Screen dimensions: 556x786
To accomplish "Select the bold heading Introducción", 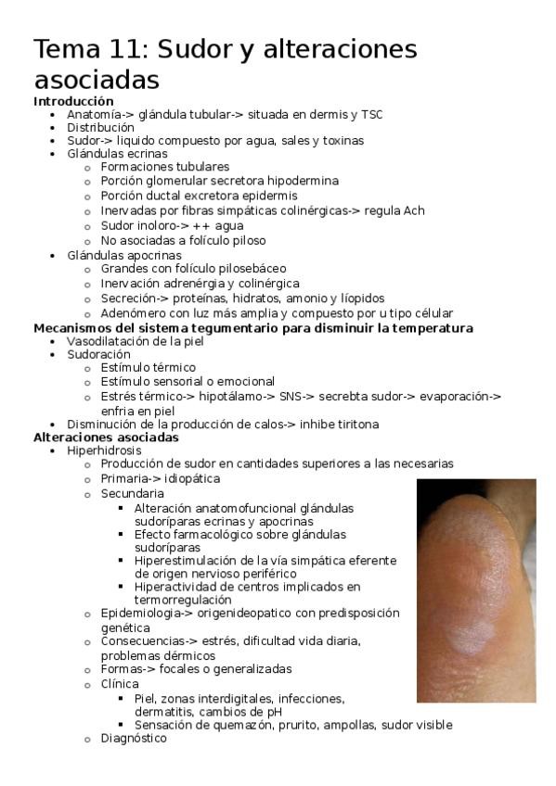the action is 73,101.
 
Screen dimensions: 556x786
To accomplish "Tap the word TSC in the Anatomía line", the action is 371,114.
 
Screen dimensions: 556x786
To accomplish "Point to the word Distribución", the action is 100,127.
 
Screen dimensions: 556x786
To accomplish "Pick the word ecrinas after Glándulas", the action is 148,153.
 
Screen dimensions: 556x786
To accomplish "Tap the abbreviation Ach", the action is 414,210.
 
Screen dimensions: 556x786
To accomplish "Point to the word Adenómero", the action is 135,313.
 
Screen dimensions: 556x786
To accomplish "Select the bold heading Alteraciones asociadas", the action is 106,437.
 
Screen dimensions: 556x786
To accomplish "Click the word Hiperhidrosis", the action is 104,450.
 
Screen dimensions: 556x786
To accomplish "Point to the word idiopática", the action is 193,478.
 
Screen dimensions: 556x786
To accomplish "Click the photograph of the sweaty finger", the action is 475,589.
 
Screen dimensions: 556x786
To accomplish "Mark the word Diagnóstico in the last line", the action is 134,739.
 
